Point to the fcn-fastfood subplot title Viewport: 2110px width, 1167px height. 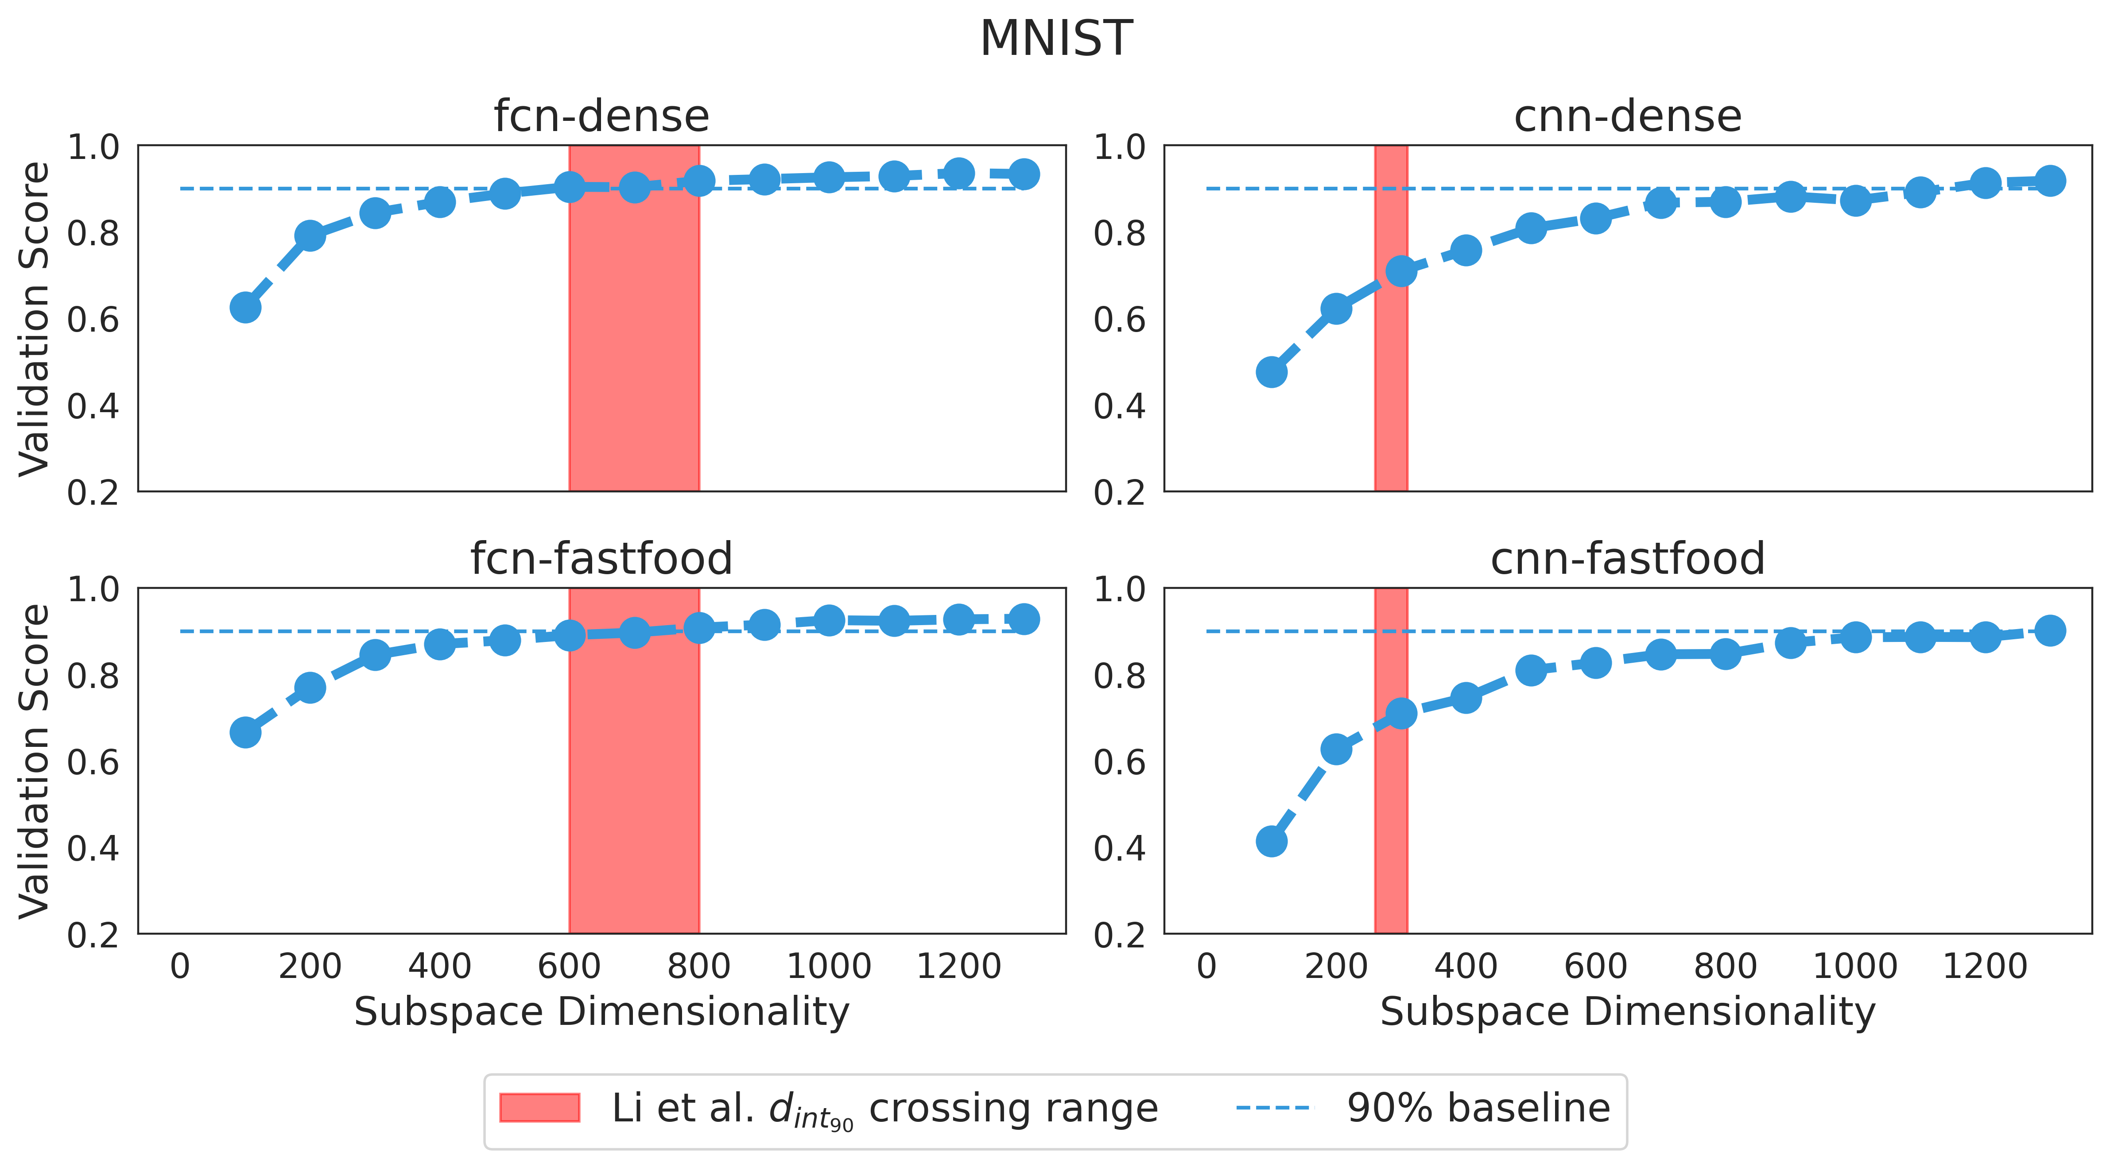[601, 559]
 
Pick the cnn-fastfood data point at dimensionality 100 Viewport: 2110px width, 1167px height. [1271, 841]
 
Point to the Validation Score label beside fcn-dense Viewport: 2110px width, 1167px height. [35, 319]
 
